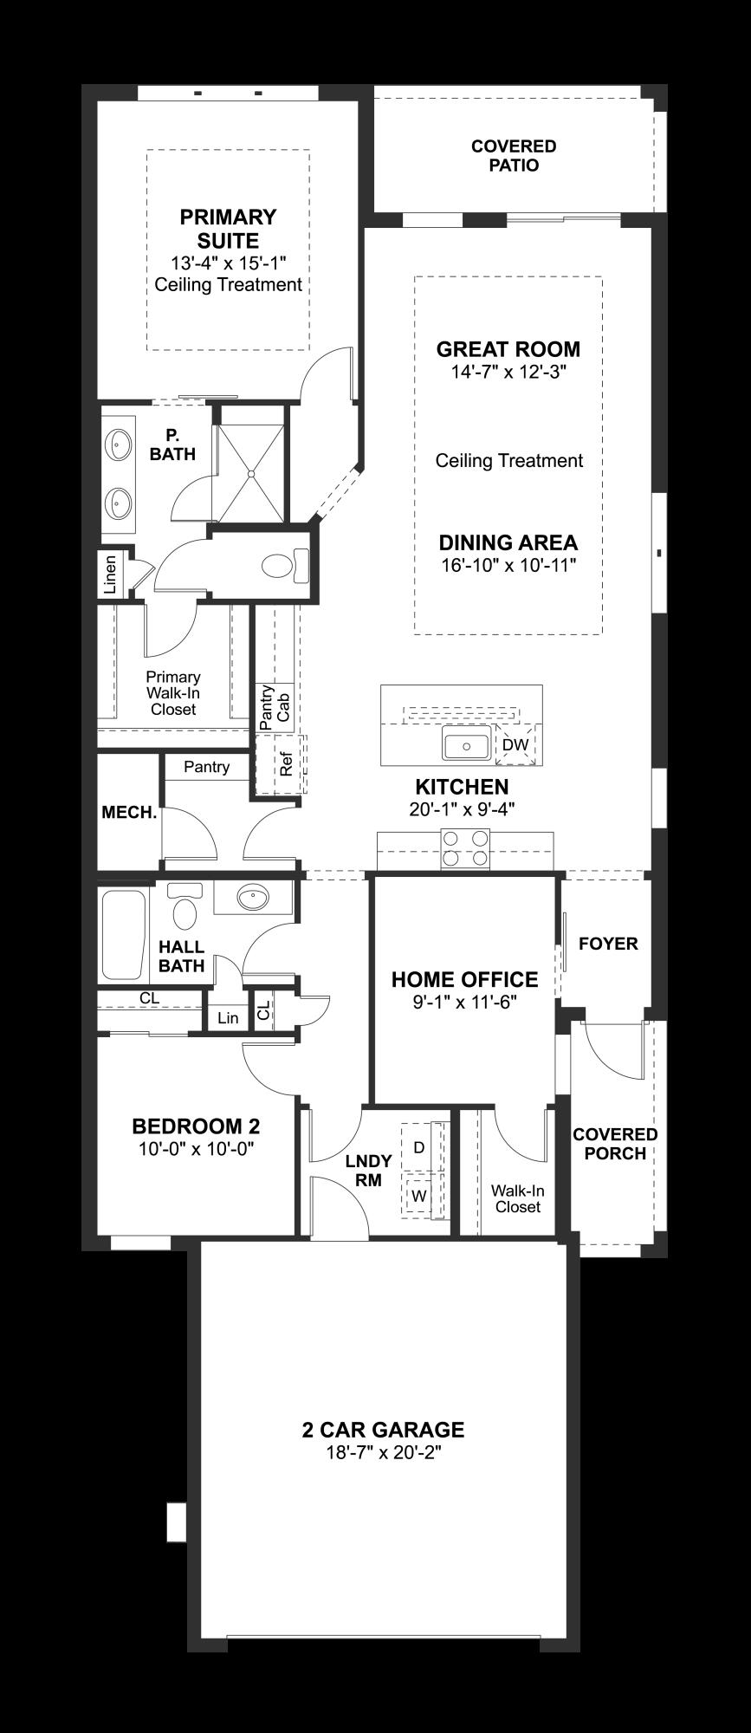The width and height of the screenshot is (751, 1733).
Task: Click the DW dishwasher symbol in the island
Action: (515, 744)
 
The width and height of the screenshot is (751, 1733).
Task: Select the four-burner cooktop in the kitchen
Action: (465, 848)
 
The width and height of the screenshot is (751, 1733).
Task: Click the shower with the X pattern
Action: (250, 473)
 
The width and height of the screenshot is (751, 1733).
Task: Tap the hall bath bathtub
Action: (123, 936)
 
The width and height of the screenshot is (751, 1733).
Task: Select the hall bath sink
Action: (253, 898)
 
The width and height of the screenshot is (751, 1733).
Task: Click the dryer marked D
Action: (419, 1147)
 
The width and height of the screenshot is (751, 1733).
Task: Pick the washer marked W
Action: (419, 1196)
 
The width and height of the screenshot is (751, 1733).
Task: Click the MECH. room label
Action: (129, 813)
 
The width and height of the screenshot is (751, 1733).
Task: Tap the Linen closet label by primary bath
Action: (110, 574)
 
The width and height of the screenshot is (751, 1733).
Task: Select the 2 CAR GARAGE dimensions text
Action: (384, 1453)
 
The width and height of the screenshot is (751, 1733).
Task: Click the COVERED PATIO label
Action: (514, 156)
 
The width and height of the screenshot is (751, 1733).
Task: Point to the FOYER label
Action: (608, 943)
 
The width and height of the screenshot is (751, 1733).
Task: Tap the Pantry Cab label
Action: (275, 706)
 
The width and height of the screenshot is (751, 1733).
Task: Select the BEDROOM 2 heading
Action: (196, 1126)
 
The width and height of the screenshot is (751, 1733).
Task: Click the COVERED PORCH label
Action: (615, 1144)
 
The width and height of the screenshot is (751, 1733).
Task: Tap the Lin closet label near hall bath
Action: (228, 1017)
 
